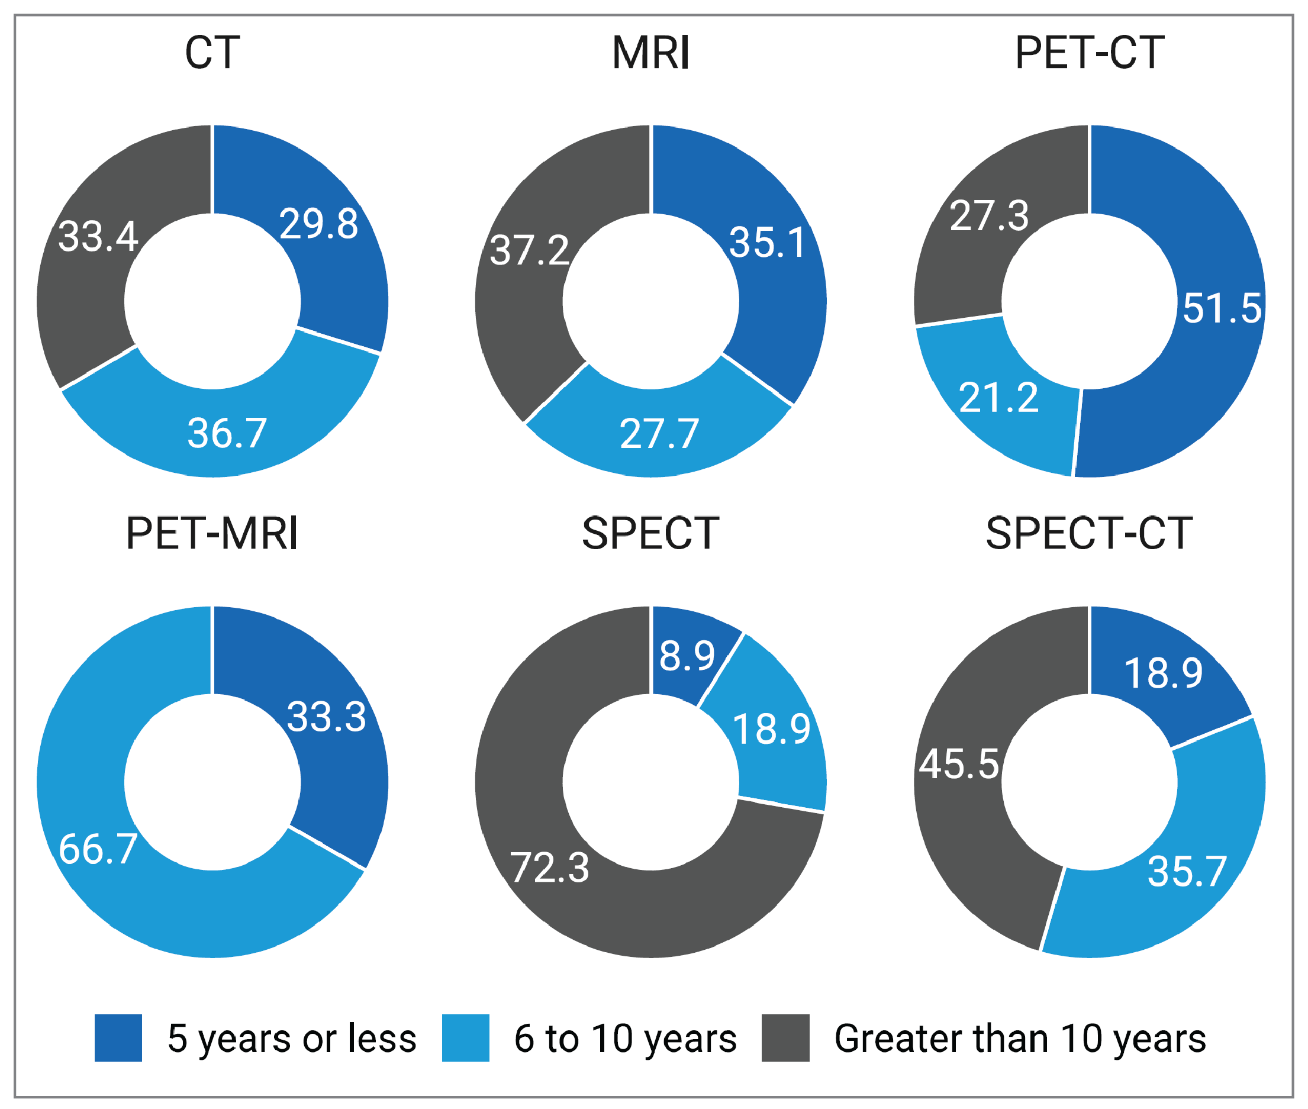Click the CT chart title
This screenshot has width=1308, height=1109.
point(212,53)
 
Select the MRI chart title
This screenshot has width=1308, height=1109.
point(651,53)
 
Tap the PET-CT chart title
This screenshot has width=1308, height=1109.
point(1089,53)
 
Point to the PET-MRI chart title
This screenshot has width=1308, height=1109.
point(212,534)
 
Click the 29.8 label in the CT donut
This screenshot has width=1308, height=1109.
point(319,224)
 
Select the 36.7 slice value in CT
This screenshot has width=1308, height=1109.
point(227,433)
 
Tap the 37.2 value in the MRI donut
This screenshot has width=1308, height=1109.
point(529,250)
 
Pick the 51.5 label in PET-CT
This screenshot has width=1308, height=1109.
point(1221,309)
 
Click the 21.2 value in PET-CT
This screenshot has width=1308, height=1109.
point(998,398)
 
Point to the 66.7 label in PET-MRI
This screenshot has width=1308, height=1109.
point(98,849)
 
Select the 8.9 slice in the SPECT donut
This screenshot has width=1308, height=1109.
point(687,656)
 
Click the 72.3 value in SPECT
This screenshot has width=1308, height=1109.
point(549,868)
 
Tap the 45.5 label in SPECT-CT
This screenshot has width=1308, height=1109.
point(958,765)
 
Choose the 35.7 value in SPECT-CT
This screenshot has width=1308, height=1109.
point(1187,872)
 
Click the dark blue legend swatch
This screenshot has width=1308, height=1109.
point(118,1038)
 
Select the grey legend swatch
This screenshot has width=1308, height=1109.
point(785,1038)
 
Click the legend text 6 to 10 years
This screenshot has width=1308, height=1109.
point(625,1039)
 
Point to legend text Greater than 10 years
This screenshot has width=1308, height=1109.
point(1019,1039)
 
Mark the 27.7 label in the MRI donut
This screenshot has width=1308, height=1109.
point(659,434)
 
